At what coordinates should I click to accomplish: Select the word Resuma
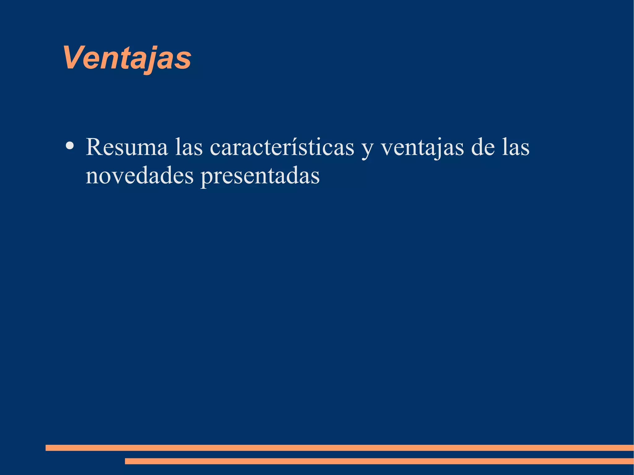pos(126,147)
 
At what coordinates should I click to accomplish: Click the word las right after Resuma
pos(189,147)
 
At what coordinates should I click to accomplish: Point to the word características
pos(282,147)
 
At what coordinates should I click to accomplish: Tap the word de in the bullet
pos(483,147)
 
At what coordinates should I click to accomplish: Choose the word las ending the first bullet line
pos(516,147)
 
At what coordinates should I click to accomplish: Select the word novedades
pos(139,176)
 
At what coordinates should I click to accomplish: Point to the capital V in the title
pos(73,58)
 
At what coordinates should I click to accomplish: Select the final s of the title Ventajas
pos(184,61)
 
